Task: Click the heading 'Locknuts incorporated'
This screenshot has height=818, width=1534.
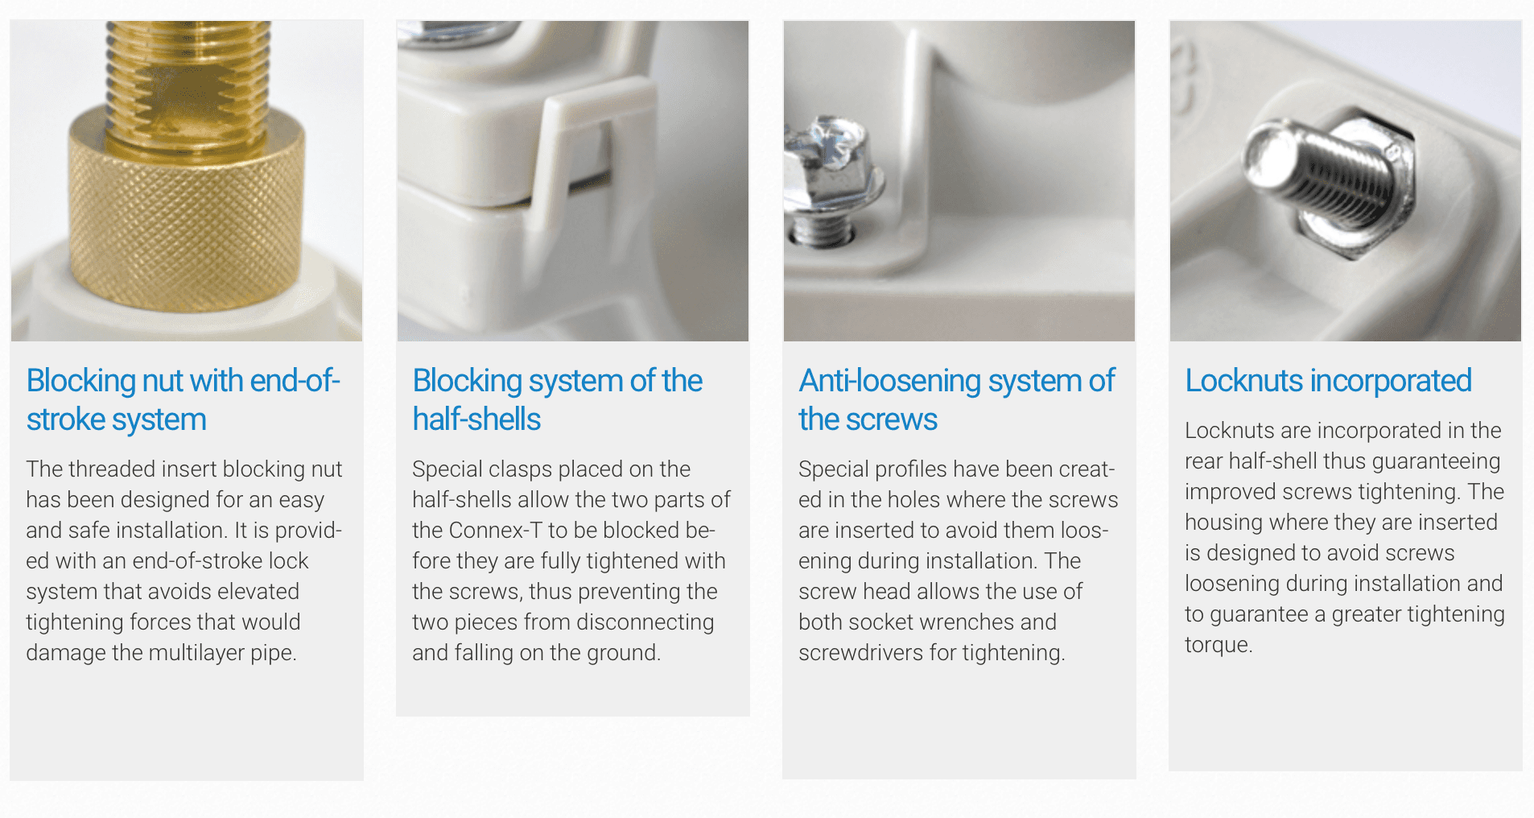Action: coord(1328,381)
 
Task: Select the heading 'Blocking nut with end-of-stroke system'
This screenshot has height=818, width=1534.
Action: coord(183,400)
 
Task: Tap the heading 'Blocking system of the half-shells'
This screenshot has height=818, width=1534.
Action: coord(557,400)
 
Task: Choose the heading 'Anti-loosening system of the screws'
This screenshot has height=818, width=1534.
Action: coord(956,400)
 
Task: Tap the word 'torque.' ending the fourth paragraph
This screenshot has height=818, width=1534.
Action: coord(1219,645)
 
